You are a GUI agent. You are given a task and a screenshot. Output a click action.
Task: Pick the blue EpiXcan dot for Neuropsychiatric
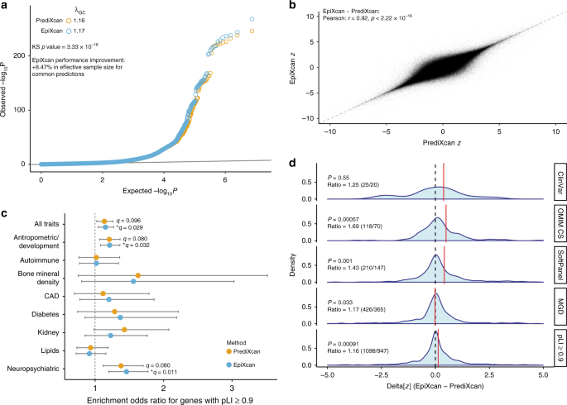[126, 372]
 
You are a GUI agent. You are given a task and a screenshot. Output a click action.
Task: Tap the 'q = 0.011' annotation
[162, 373]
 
